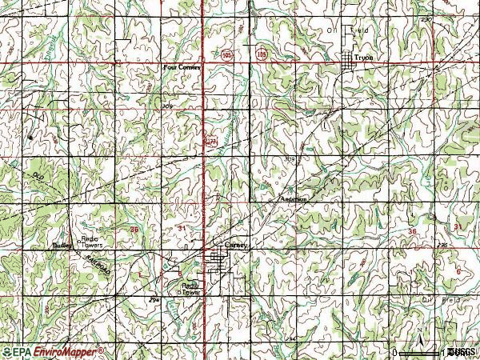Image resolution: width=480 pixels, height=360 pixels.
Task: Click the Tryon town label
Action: [x=364, y=58]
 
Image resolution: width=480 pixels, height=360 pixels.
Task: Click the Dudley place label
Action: [x=62, y=246]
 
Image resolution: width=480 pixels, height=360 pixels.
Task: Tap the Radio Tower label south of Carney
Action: [x=190, y=289]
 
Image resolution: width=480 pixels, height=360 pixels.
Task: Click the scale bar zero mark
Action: [x=394, y=352]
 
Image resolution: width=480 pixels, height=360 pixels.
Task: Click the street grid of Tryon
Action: [x=348, y=61]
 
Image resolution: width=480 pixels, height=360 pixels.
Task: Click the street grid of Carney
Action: [x=218, y=258]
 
